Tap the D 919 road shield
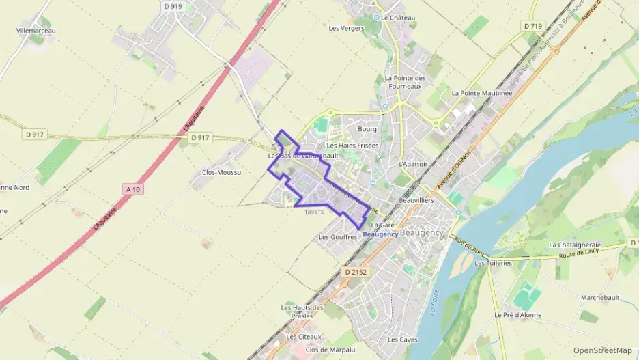(174, 6)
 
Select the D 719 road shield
(532, 26)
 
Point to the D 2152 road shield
(356, 272)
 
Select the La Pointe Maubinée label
(481, 93)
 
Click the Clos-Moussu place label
(222, 172)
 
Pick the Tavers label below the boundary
(314, 212)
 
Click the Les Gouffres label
(338, 237)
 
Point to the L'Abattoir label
(412, 165)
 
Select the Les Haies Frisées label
(352, 146)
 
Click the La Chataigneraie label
(575, 244)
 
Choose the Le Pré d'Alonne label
(517, 315)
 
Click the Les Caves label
(402, 340)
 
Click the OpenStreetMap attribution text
(603, 350)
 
